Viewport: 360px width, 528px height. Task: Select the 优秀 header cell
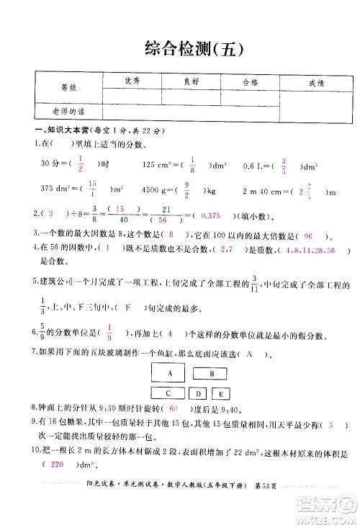pyautogui.click(x=132, y=81)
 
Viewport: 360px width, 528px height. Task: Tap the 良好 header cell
pyautogui.click(x=192, y=81)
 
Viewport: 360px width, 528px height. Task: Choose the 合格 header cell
pyautogui.click(x=251, y=81)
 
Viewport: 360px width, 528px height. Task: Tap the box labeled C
pyautogui.click(x=167, y=393)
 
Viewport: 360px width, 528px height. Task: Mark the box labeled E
pyautogui.click(x=220, y=394)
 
